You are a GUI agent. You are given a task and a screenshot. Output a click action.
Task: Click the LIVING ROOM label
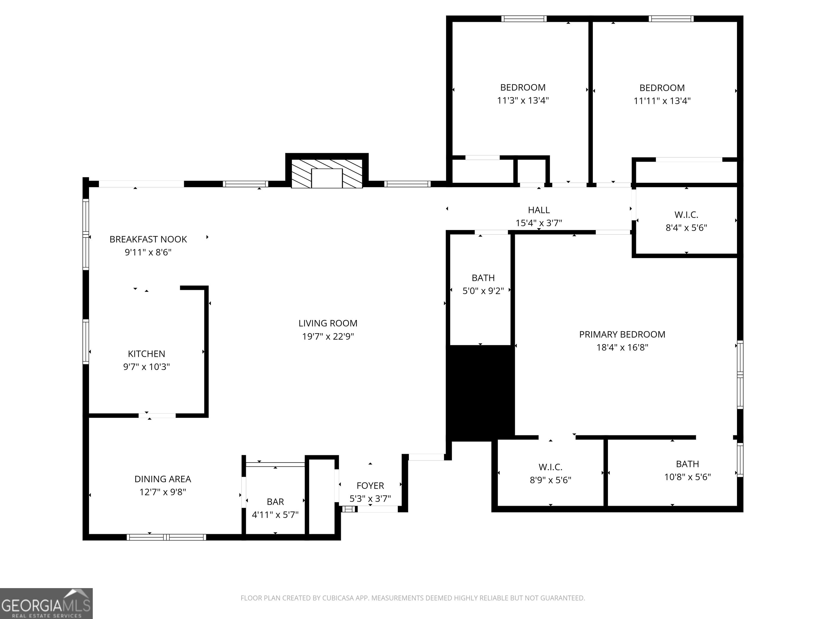pyautogui.click(x=327, y=323)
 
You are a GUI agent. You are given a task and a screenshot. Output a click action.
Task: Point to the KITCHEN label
pyautogui.click(x=146, y=354)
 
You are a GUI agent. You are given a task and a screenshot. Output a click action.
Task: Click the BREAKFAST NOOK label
pyautogui.click(x=148, y=239)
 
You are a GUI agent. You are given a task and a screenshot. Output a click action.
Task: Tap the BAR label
pyautogui.click(x=275, y=502)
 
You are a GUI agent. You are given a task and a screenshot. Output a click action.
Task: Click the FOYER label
pyautogui.click(x=370, y=485)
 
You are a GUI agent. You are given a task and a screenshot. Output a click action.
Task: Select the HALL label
pyautogui.click(x=539, y=210)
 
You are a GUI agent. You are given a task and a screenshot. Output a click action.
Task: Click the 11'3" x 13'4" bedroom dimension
pyautogui.click(x=522, y=100)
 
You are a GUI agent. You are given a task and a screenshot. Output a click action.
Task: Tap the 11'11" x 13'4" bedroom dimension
pyautogui.click(x=662, y=101)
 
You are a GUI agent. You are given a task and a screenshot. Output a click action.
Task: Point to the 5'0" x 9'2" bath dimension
pyautogui.click(x=483, y=291)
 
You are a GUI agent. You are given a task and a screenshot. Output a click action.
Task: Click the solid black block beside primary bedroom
pyautogui.click(x=480, y=392)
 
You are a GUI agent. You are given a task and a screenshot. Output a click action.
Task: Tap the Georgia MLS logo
pyautogui.click(x=46, y=603)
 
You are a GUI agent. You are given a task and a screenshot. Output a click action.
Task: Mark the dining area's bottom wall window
pyautogui.click(x=166, y=537)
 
